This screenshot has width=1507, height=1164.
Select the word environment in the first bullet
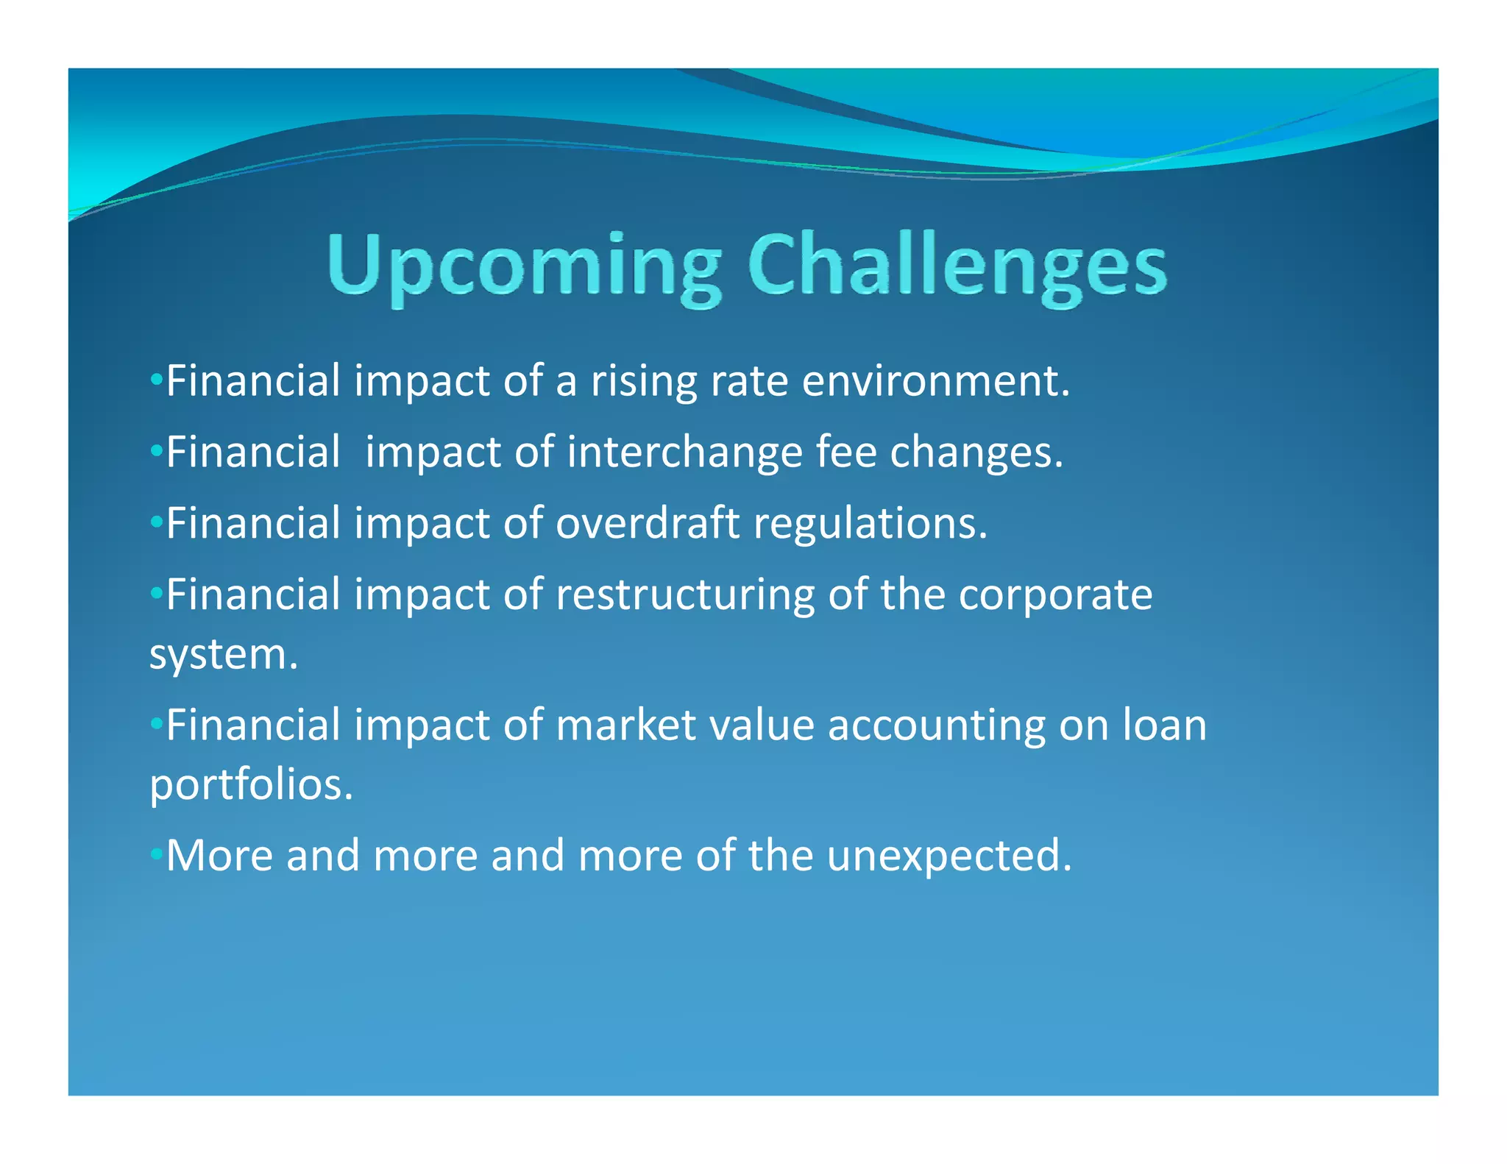tap(935, 382)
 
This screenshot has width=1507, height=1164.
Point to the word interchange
tap(684, 453)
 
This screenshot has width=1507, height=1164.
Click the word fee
tap(846, 451)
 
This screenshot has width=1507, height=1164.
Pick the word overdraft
tap(647, 523)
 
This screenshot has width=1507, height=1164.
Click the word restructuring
tap(684, 595)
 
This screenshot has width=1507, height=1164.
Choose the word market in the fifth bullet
tap(625, 725)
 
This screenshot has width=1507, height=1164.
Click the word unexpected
tap(949, 856)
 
